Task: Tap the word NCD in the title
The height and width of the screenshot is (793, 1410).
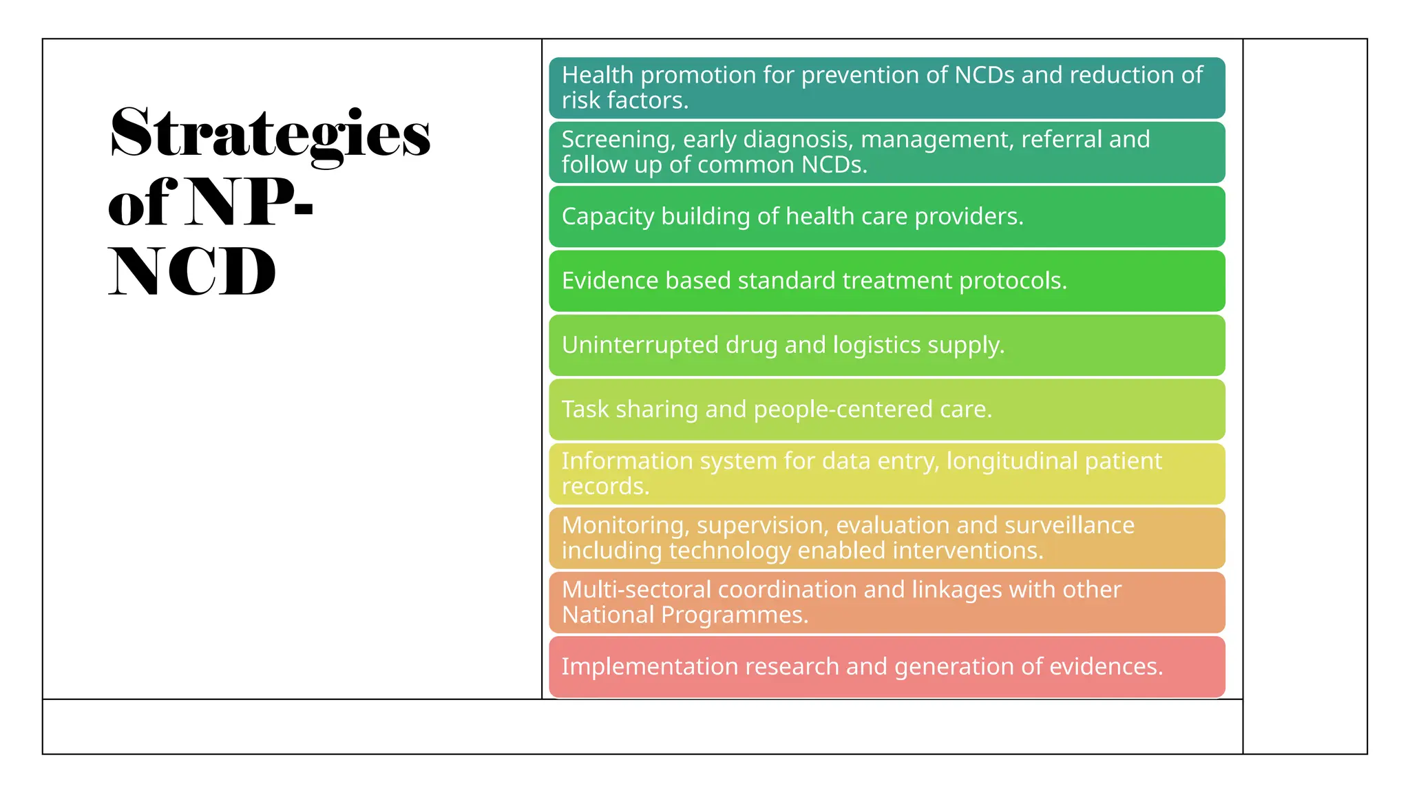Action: pyautogui.click(x=192, y=272)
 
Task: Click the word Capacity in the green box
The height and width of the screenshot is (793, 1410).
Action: pyautogui.click(x=608, y=217)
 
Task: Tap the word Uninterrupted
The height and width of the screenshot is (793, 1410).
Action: pyautogui.click(x=640, y=345)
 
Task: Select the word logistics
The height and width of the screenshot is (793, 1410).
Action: pyautogui.click(x=876, y=345)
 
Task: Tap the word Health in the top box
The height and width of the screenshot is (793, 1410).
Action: pyautogui.click(x=597, y=75)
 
